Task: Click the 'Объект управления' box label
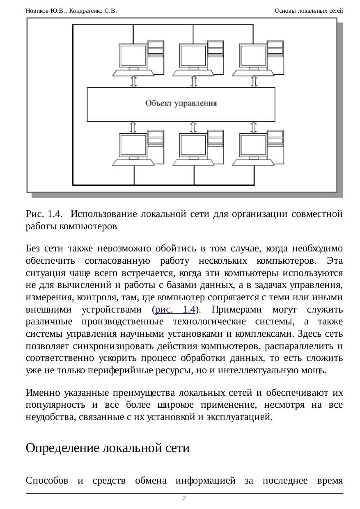[181, 103]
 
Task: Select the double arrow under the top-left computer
[133, 81]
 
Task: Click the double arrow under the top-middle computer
[194, 81]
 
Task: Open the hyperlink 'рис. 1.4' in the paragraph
[174, 309]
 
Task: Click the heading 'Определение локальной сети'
[108, 448]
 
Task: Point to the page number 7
[184, 498]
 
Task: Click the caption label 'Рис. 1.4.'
[44, 214]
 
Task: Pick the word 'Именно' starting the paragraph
[43, 393]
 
